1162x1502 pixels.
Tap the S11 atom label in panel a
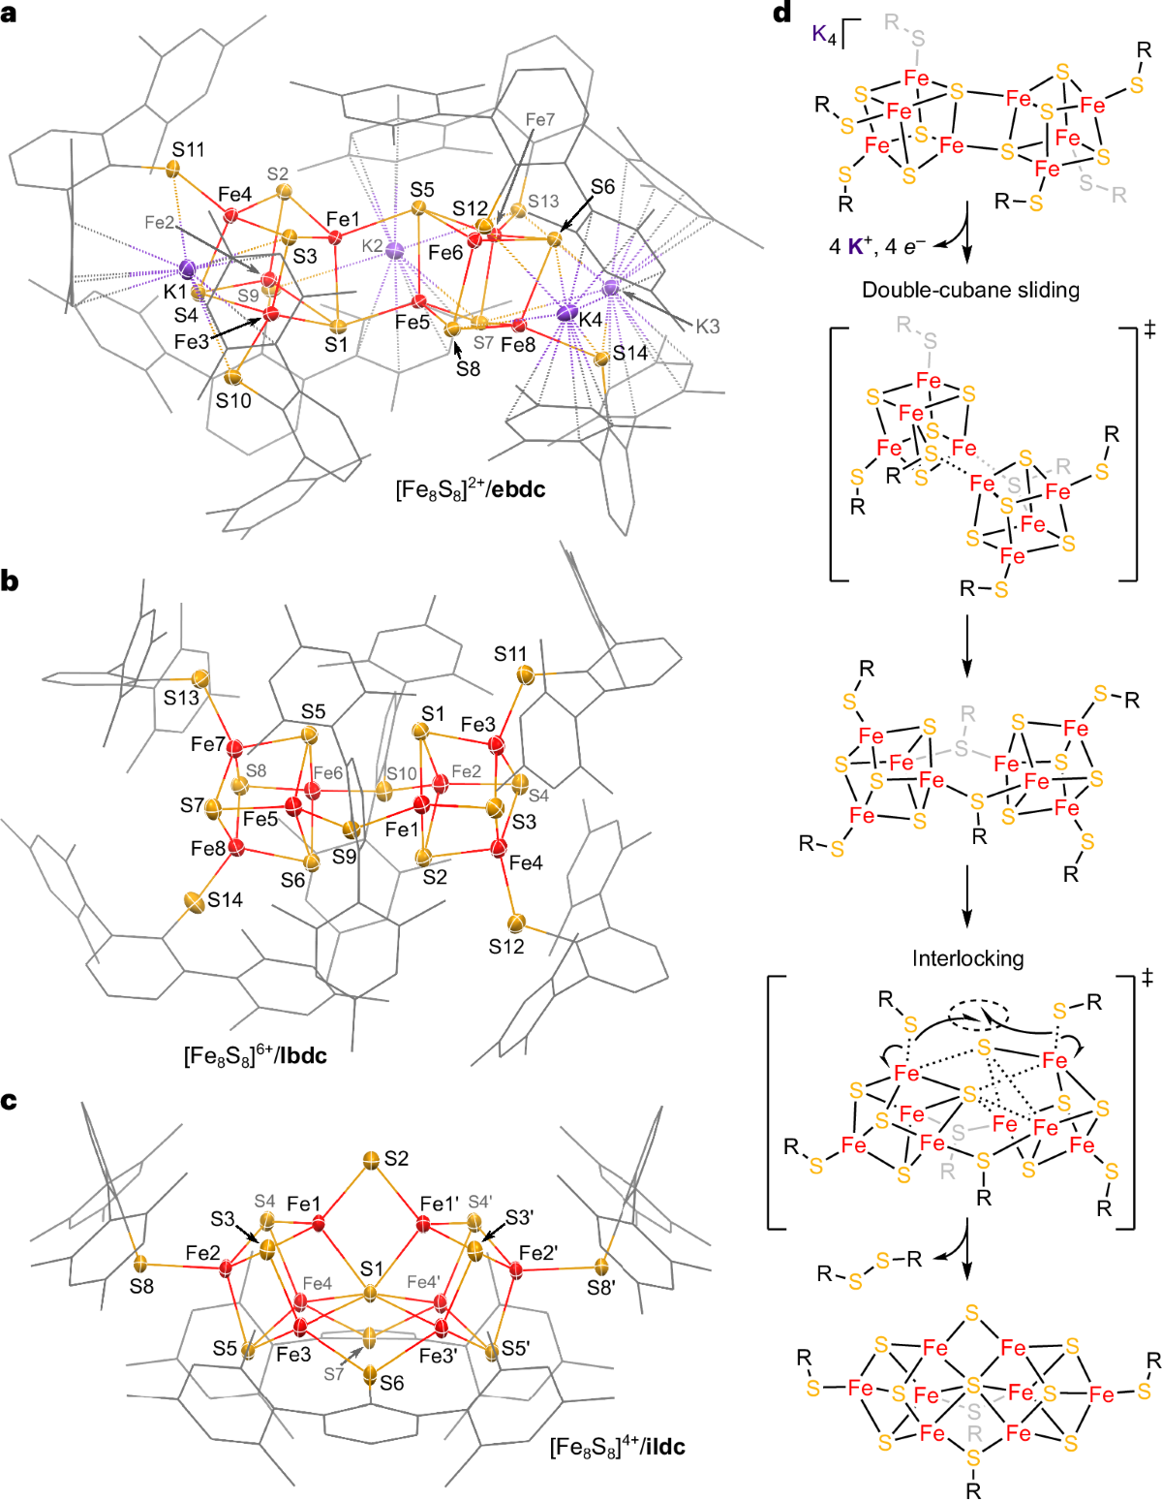(189, 149)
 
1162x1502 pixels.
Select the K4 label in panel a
(591, 318)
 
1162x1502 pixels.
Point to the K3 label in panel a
(708, 327)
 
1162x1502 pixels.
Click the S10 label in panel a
(233, 400)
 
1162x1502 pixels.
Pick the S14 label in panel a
(630, 354)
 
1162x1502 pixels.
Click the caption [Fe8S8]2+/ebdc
(470, 489)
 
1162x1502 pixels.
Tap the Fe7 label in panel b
(208, 744)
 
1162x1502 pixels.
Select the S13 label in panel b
(181, 698)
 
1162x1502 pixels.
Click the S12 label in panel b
(505, 946)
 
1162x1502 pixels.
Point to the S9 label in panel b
(344, 856)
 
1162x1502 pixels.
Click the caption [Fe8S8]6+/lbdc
(255, 1055)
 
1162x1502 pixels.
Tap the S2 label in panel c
(396, 1158)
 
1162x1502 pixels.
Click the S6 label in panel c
(392, 1383)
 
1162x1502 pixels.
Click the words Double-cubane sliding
(970, 290)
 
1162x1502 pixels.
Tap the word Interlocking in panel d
(967, 958)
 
